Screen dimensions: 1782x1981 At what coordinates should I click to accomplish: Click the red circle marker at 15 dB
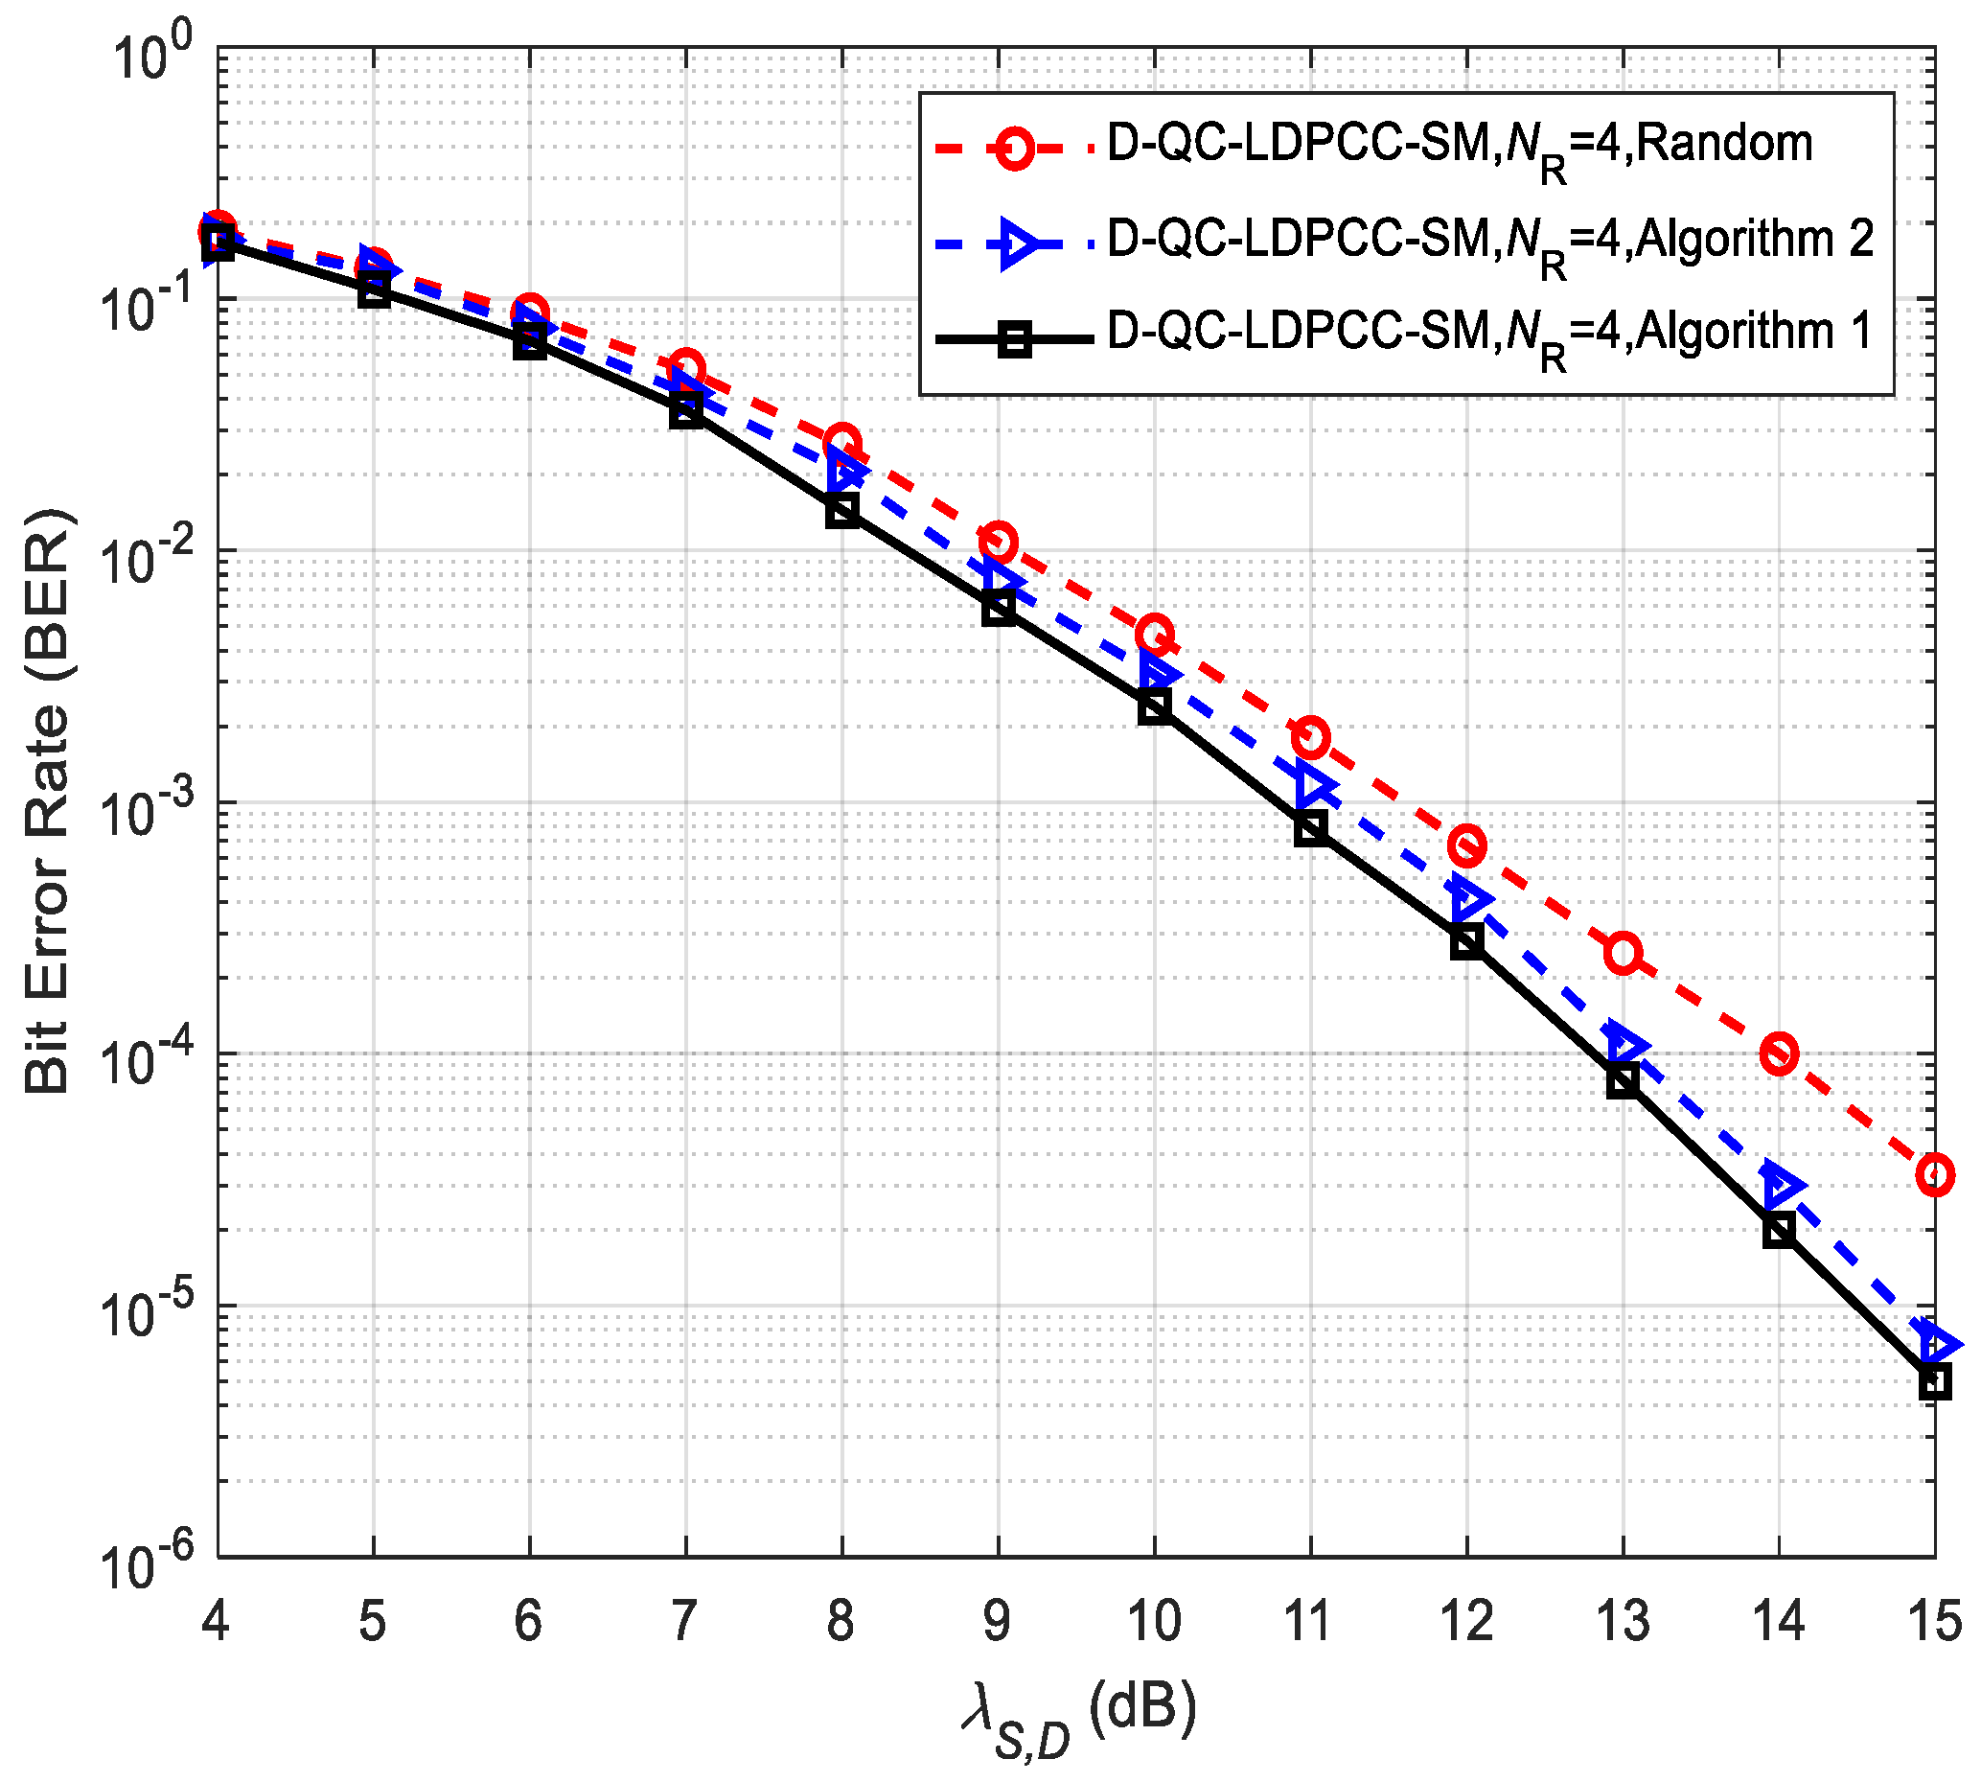coord(1934,1175)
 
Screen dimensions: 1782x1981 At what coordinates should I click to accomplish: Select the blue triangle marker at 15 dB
coord(1936,1344)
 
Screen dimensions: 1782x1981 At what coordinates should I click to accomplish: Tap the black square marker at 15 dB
coord(1934,1382)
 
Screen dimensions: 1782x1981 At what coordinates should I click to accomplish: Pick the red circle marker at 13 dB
coord(1623,953)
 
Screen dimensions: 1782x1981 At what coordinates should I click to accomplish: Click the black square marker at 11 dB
coord(1310,828)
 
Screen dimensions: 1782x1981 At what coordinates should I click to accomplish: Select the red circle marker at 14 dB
coord(1779,1054)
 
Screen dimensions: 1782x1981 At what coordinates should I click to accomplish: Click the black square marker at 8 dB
coord(841,510)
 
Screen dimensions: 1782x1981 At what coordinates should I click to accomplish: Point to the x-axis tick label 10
coord(1154,1619)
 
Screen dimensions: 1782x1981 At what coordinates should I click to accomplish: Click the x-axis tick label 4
coord(216,1619)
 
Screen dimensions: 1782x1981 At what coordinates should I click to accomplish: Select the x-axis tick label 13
coord(1622,1619)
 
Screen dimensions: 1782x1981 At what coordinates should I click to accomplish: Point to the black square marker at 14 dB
coord(1779,1230)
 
